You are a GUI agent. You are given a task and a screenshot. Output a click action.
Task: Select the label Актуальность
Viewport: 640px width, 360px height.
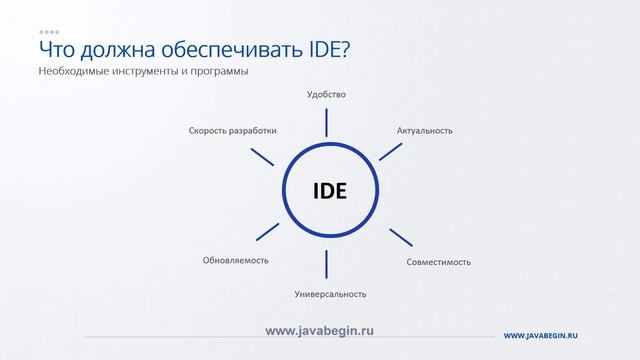[424, 130]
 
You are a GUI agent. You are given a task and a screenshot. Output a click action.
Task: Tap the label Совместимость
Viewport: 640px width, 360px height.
[439, 262]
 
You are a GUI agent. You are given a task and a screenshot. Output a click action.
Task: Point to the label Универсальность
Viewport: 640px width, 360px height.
[330, 294]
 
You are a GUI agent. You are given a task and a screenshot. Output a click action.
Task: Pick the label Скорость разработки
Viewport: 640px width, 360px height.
[232, 130]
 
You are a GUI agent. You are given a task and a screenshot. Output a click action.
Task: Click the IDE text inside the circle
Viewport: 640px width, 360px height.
[329, 190]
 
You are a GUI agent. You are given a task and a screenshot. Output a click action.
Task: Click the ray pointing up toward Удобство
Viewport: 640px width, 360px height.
[326, 122]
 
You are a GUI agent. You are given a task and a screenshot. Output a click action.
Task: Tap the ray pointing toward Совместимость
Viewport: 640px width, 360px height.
[400, 237]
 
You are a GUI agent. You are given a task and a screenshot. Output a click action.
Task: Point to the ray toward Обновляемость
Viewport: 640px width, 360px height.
[267, 231]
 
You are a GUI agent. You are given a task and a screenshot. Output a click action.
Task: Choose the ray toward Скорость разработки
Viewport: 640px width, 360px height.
[262, 156]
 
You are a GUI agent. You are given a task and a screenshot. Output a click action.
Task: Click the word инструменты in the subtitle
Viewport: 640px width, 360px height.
[141, 73]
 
